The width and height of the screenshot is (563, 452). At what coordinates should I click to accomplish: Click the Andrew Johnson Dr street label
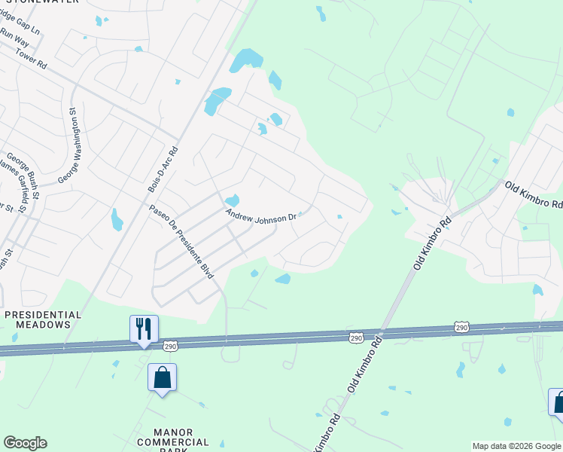(262, 215)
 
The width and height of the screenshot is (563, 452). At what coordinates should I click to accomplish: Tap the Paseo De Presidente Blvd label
(181, 242)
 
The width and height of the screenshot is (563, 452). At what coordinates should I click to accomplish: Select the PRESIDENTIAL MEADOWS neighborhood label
(43, 319)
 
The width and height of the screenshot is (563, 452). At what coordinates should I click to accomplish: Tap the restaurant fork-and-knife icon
(144, 328)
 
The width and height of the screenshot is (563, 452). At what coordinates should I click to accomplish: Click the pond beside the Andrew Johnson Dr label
(232, 200)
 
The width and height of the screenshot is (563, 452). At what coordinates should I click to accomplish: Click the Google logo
(25, 443)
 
